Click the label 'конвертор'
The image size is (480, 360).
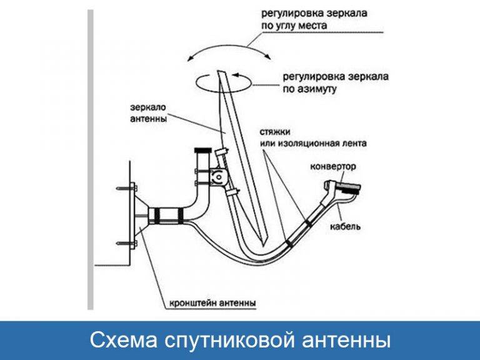[x=333, y=167]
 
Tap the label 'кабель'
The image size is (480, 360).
[x=345, y=226]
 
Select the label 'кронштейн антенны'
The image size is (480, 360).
[x=212, y=303]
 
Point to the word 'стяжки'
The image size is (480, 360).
[x=275, y=132]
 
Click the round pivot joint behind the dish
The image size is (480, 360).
[x=219, y=177]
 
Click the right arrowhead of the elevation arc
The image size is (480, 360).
[x=268, y=57]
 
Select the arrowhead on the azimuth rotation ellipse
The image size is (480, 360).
[x=235, y=74]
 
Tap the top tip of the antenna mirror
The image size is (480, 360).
[x=218, y=71]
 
